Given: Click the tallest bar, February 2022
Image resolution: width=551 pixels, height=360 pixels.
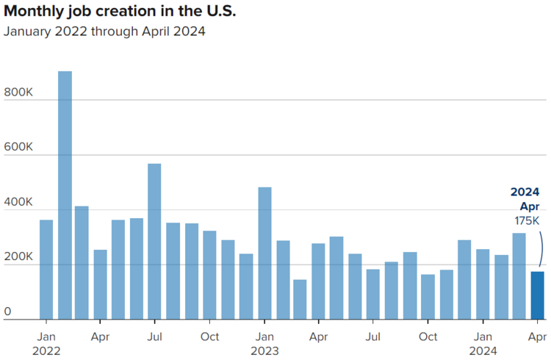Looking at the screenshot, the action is point(65,195).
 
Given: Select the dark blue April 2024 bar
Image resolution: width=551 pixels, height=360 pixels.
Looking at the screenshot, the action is point(537,295).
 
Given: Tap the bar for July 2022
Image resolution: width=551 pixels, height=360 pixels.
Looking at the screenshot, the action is point(154,242).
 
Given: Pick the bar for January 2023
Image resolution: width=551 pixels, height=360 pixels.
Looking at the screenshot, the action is point(264,253).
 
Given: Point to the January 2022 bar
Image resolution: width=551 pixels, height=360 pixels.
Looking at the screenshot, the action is point(46,270).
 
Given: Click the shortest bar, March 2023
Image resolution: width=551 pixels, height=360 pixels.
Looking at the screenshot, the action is point(300,300).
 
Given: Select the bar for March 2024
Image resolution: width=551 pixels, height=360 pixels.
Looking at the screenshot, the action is point(519,276).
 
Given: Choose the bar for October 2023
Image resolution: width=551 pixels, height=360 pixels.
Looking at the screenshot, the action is point(428,297).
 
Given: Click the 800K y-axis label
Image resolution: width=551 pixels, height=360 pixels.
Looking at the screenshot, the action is point(18,92).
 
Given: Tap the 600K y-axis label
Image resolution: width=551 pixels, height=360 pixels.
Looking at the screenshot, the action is point(18,147).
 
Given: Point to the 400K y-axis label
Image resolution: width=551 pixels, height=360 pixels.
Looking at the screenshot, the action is point(18,202).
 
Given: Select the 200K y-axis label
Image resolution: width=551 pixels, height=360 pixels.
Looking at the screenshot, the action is point(18,256).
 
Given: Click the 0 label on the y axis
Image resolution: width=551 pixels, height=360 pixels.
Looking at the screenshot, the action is point(7,312).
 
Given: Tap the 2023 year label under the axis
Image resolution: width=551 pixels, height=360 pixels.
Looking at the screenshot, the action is point(264,351).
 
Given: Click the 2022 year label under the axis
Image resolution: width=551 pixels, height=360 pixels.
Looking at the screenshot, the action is point(46,351).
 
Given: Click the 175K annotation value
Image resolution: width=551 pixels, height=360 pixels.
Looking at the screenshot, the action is point(527,221).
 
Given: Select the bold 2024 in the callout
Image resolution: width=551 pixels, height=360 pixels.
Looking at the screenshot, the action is point(525,192).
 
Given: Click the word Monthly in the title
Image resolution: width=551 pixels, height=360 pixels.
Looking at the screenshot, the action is point(35,12).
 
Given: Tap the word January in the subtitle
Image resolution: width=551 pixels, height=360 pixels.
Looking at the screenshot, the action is point(27,32).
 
